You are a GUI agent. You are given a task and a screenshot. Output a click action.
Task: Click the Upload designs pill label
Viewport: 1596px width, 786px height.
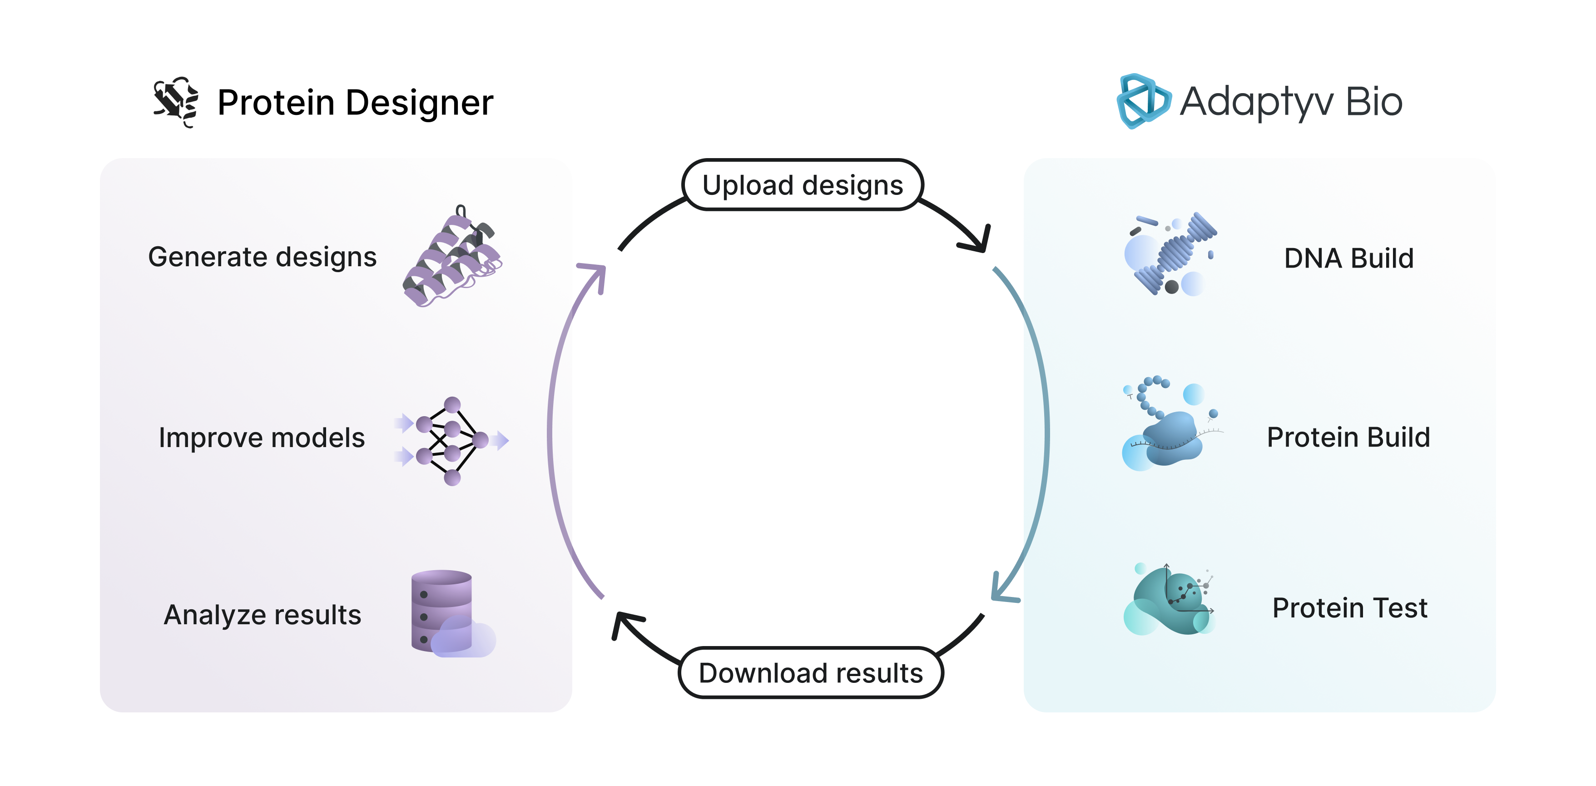coord(803,185)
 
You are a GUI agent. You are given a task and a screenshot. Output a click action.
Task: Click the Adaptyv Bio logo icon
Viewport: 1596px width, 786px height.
coord(1143,101)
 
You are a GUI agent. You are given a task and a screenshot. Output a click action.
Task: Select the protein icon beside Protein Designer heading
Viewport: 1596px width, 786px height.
coord(176,102)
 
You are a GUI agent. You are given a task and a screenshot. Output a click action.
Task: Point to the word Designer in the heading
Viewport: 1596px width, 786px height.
coord(420,103)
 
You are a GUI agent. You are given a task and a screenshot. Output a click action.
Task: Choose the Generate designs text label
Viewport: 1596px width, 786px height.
coord(262,257)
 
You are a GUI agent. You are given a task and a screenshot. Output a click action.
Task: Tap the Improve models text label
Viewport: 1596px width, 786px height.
coord(262,438)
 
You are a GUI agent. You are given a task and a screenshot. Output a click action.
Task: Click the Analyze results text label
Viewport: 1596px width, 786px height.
coord(262,615)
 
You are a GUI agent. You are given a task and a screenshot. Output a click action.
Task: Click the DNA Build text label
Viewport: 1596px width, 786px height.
coord(1349,259)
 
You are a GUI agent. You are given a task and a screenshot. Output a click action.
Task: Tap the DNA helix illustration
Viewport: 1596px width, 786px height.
coord(1170,254)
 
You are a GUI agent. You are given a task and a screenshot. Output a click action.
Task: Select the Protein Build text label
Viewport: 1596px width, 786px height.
coord(1348,438)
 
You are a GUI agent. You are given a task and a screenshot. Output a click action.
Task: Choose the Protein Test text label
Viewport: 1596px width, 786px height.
coord(1349,608)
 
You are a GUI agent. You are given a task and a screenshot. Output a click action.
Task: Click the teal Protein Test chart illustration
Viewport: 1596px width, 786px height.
coord(1169,601)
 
